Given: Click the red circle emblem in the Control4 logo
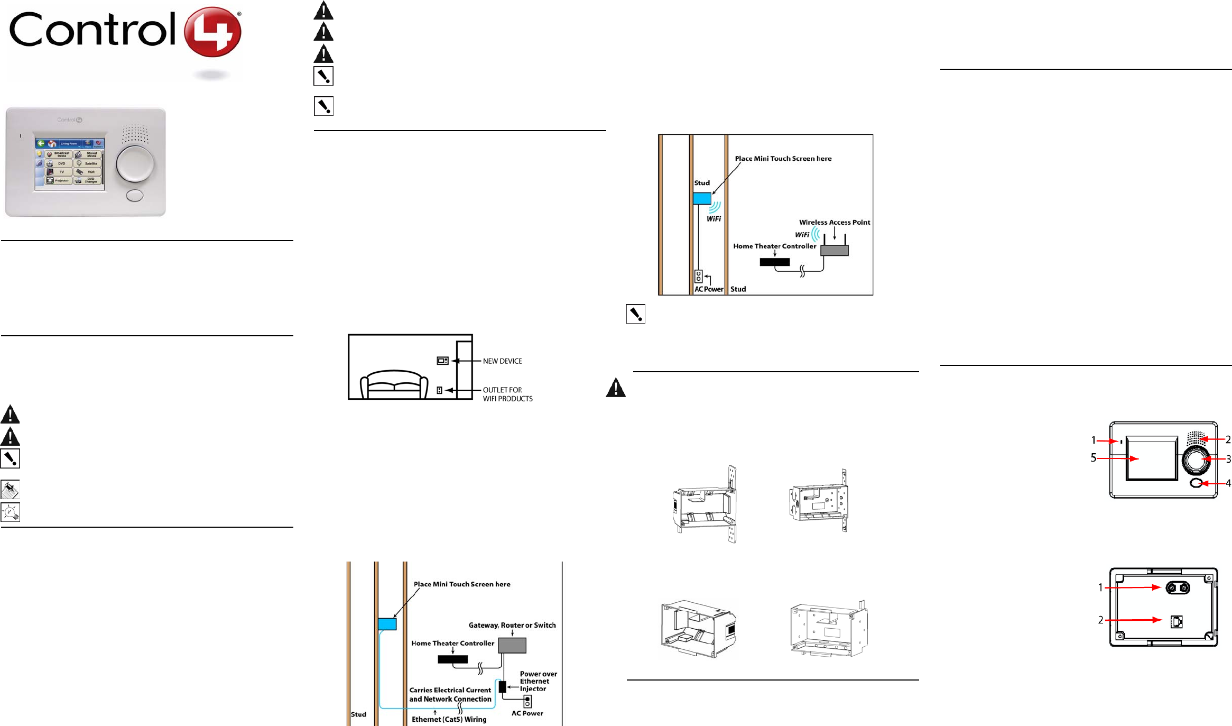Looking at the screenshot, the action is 212,32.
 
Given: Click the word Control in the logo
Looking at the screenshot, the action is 92,30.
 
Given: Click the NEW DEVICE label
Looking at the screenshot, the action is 502,361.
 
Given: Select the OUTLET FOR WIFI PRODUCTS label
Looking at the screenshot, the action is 507,394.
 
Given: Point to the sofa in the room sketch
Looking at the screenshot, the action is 394,384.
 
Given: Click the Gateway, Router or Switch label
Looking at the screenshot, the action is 512,625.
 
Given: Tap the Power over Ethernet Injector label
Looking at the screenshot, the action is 538,681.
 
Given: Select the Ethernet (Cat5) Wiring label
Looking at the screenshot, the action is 449,719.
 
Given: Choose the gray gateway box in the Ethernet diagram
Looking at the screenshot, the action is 512,645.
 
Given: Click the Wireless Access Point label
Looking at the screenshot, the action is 834,222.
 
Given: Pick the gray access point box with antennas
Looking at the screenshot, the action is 834,250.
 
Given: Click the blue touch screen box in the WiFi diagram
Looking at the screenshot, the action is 702,198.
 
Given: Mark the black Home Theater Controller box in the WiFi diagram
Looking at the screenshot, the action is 774,262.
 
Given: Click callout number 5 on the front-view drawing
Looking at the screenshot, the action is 1094,458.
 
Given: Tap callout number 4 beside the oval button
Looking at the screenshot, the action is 1228,483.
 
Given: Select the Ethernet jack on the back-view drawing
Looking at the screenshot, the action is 1177,622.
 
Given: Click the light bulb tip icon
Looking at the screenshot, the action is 10,512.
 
